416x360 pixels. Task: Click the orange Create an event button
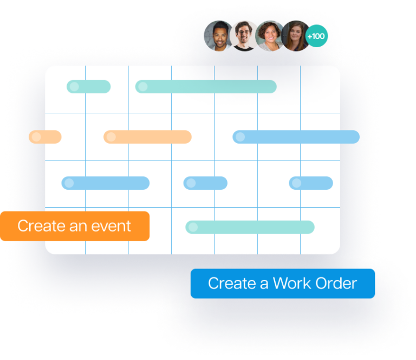coord(75,226)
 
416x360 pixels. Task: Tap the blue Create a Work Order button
coord(282,283)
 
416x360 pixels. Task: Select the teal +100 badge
coord(316,37)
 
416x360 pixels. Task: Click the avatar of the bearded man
coord(218,37)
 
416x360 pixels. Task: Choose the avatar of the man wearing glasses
coord(244,36)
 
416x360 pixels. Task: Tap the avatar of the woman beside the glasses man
coord(269,36)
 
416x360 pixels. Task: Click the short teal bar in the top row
coord(89,87)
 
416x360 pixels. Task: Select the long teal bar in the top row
coord(206,87)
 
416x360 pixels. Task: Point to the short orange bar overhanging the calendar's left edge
coord(45,137)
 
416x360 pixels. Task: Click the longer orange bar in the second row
coord(147,137)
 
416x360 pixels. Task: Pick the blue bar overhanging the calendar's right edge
coord(296,137)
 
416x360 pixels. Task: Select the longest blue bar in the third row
coord(106,183)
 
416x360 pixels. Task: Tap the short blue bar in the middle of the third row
coord(205,183)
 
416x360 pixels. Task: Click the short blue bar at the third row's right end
coord(310,183)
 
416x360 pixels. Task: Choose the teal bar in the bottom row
coord(250,227)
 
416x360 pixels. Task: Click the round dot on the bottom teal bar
coord(193,227)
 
